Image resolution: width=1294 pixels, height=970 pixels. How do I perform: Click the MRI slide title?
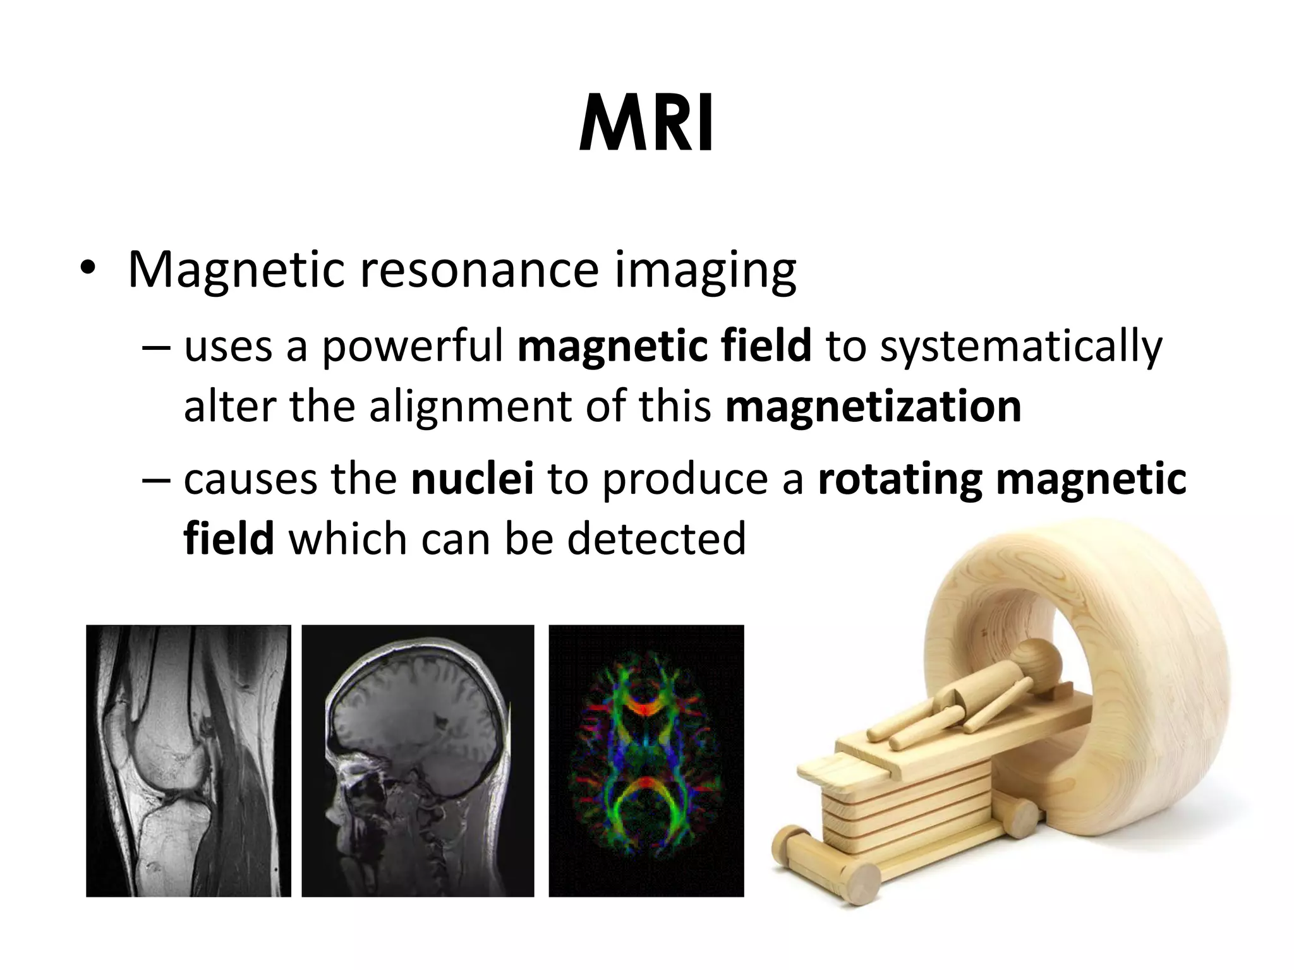pyautogui.click(x=646, y=124)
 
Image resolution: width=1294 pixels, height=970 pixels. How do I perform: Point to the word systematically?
pyautogui.click(x=1020, y=347)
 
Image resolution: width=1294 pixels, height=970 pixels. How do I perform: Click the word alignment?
pyautogui.click(x=470, y=407)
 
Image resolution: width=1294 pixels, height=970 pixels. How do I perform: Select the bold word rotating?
pyautogui.click(x=900, y=480)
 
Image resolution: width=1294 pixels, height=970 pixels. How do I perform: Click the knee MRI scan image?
pyautogui.click(x=188, y=760)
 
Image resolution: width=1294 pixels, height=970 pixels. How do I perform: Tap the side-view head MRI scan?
pyautogui.click(x=418, y=760)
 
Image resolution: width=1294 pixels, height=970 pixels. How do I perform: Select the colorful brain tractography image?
pyautogui.click(x=646, y=760)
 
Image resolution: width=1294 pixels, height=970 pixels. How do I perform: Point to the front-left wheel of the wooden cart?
pyautogui.click(x=860, y=883)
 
